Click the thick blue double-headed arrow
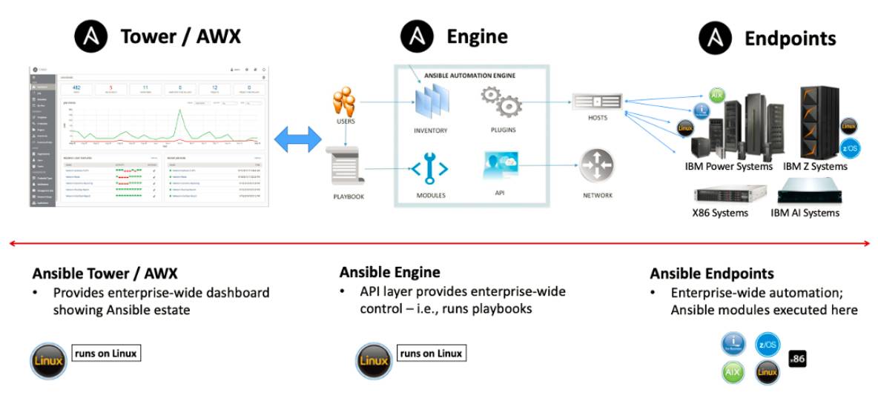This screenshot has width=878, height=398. [298, 139]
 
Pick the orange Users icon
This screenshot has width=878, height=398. [346, 102]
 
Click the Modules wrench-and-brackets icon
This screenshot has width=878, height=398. [430, 168]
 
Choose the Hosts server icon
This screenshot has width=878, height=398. [597, 100]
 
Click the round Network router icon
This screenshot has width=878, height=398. [597, 166]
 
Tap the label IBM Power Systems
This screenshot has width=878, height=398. [729, 167]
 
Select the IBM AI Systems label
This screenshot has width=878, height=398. [805, 213]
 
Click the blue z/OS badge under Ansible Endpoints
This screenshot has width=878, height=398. [768, 344]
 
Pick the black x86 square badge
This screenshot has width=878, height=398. [797, 358]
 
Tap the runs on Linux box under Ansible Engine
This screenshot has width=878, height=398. [431, 354]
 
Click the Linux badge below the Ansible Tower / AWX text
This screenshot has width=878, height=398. [48, 361]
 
